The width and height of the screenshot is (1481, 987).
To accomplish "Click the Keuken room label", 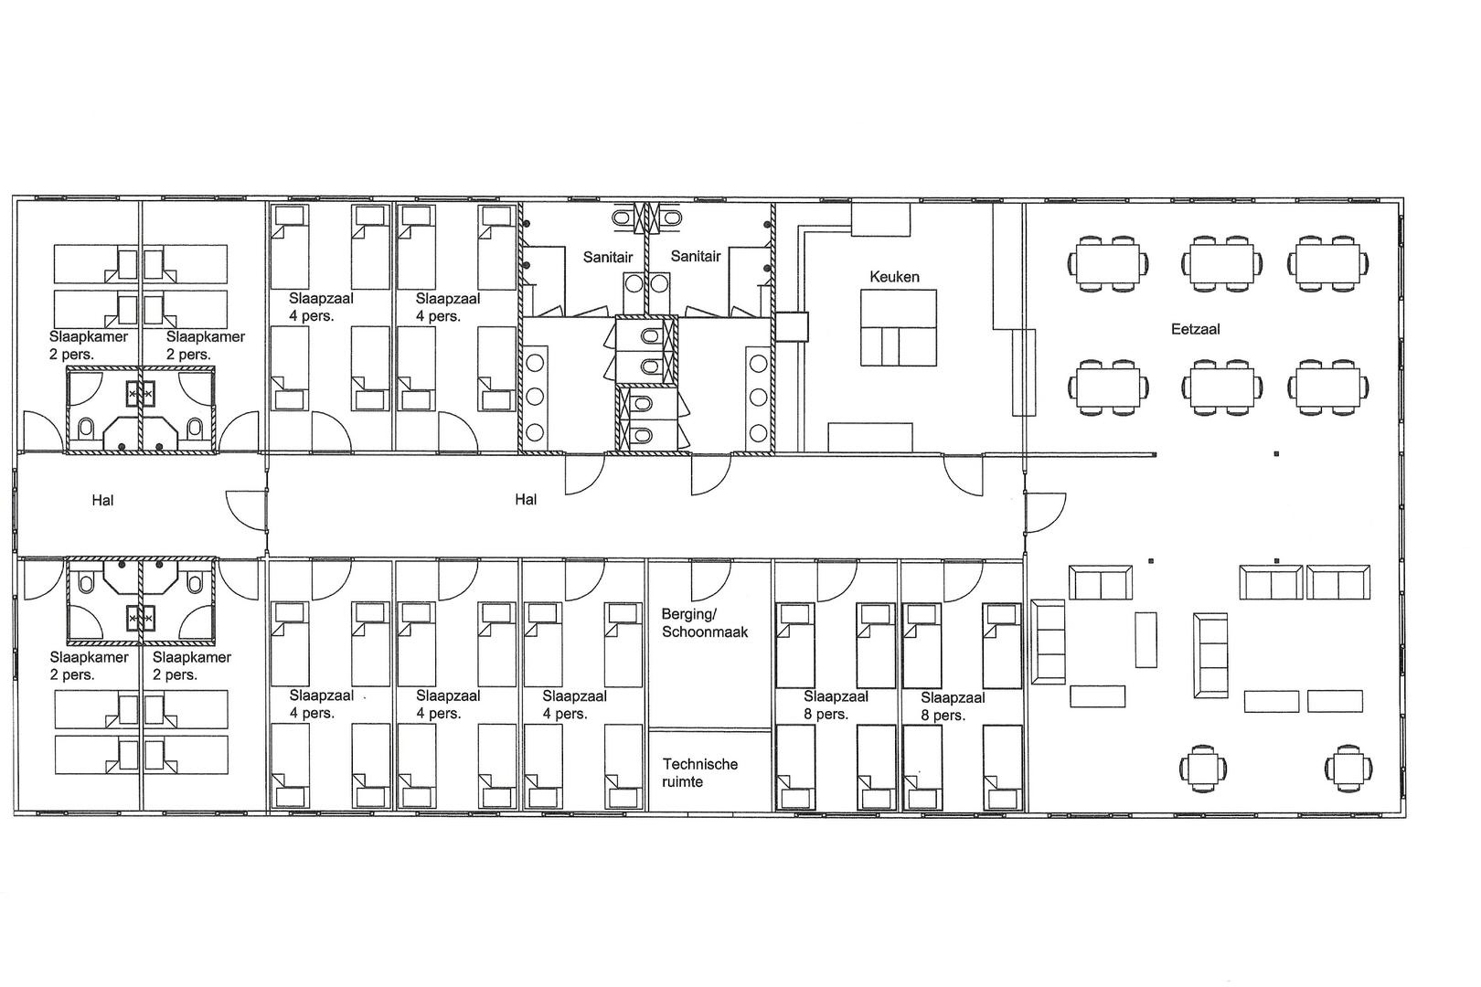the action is (x=894, y=277).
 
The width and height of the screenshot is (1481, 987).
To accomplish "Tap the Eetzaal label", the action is (x=1196, y=329).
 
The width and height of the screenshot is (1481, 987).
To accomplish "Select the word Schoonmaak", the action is (x=705, y=632).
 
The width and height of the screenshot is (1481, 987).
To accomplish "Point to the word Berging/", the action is (x=689, y=615).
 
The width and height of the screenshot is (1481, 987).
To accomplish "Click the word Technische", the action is (x=700, y=764).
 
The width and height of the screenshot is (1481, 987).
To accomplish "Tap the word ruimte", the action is (x=682, y=782).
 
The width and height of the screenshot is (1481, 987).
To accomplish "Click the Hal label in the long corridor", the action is (x=526, y=500).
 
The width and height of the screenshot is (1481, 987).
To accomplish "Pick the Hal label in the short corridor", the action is (x=102, y=501).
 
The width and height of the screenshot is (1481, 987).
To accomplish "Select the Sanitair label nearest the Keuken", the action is (x=696, y=257).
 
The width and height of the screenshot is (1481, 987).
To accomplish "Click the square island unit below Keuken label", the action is (x=898, y=328).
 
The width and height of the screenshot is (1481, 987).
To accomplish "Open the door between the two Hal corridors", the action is (x=247, y=510).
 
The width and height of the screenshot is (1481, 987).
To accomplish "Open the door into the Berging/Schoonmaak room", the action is (x=710, y=579).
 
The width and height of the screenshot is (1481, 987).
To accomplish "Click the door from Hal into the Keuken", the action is (x=964, y=475).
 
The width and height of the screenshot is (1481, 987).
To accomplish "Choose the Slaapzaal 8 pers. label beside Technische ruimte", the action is (x=836, y=706).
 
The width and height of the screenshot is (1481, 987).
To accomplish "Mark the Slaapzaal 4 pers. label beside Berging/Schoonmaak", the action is (x=574, y=705).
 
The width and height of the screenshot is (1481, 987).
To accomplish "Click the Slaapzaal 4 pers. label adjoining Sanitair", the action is (x=448, y=307).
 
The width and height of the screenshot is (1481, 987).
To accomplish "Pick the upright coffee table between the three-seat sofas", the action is (x=1146, y=640).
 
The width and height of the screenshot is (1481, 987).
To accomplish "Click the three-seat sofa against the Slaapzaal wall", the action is (x=1048, y=642).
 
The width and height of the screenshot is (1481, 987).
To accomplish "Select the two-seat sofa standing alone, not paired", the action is (x=1101, y=582).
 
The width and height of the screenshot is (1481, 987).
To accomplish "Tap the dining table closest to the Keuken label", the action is (x=1108, y=264).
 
